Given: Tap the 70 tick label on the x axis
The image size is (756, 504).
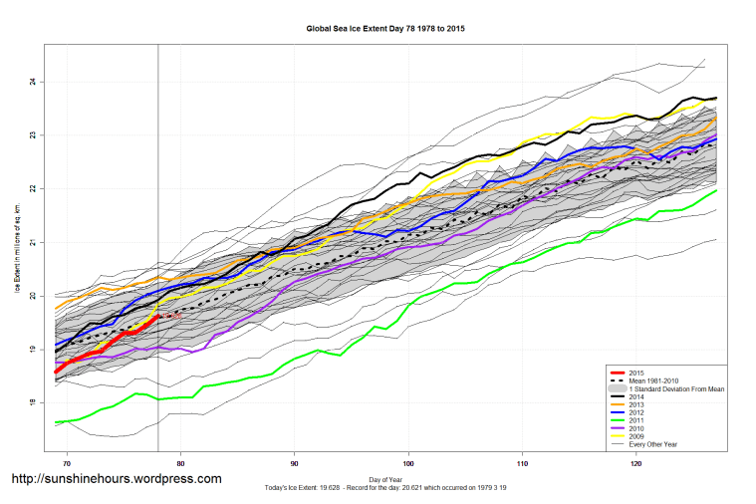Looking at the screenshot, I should point(67,463).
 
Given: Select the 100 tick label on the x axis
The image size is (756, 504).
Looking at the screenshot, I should point(408,463).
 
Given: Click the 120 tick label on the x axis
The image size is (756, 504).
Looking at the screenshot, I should point(636,463).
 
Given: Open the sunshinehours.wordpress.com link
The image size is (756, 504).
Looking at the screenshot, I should point(116,479).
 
